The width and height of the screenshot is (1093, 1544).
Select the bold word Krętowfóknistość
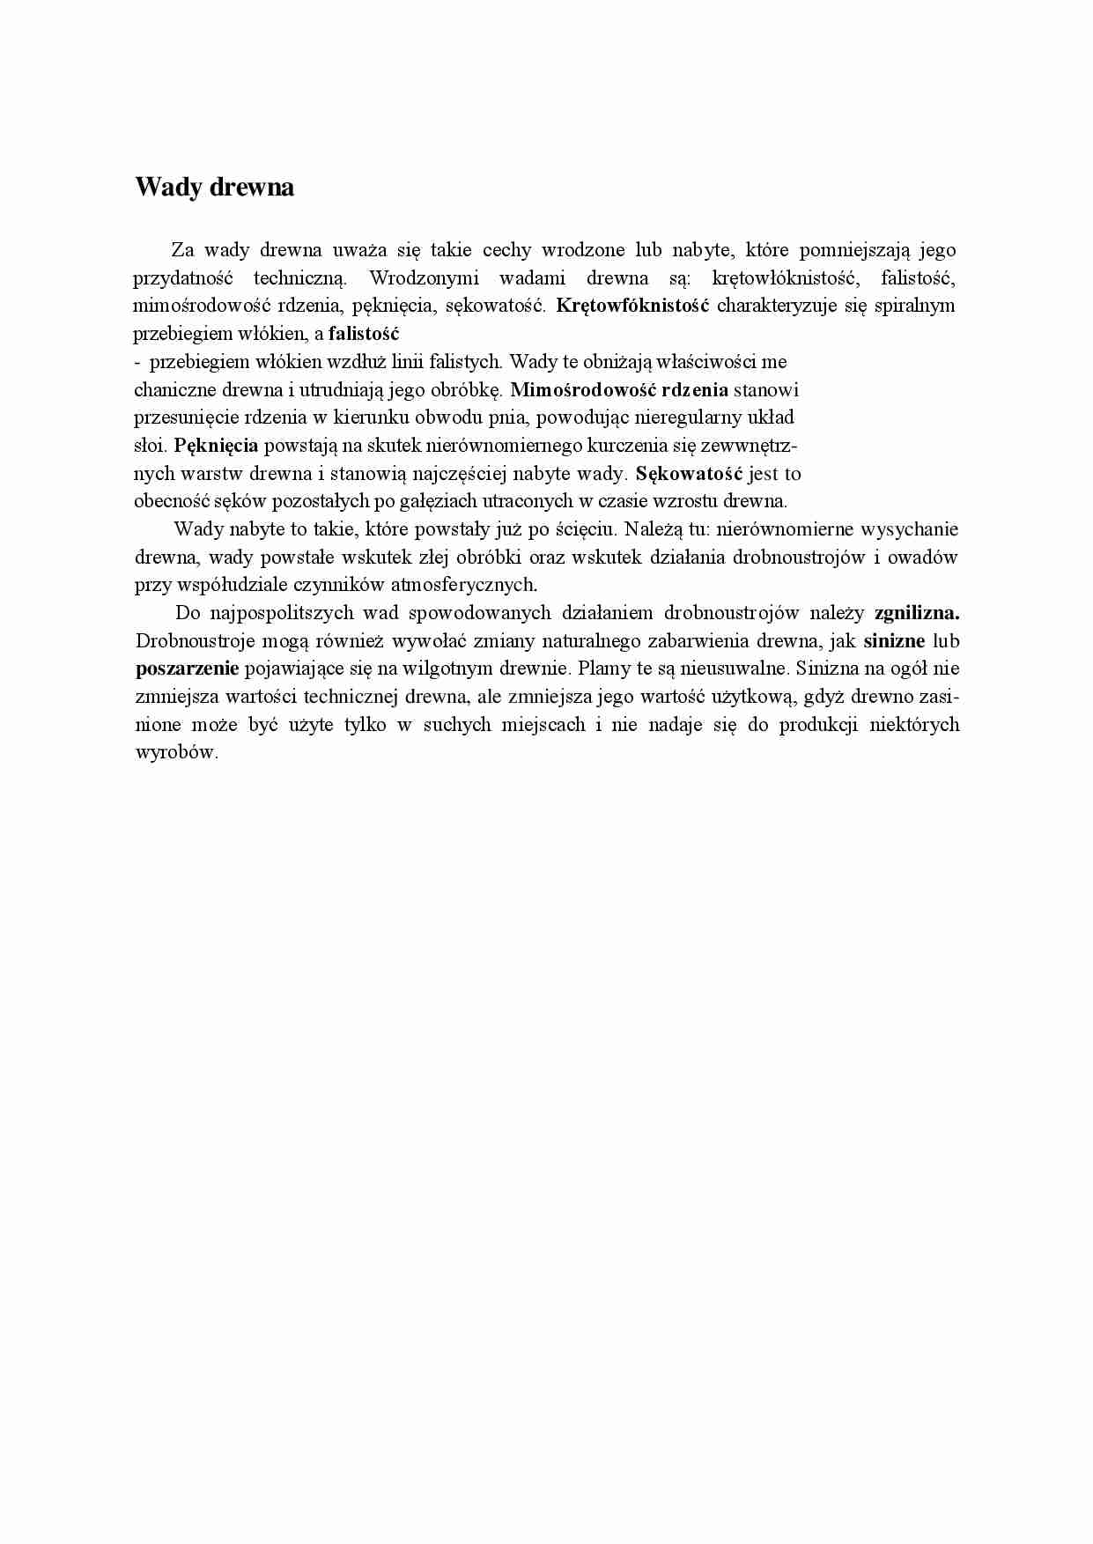tap(633, 307)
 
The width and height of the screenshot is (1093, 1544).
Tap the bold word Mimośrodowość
tap(582, 389)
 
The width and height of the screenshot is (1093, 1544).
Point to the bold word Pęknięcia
tap(216, 446)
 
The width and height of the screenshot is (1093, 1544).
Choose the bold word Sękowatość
tap(690, 474)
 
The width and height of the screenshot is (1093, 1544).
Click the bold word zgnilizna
tap(916, 613)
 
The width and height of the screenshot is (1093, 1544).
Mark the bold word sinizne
tap(894, 641)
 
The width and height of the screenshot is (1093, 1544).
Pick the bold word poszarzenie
tap(188, 669)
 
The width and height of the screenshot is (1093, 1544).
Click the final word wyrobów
tap(175, 753)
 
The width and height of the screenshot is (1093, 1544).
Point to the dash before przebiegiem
tap(137, 362)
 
